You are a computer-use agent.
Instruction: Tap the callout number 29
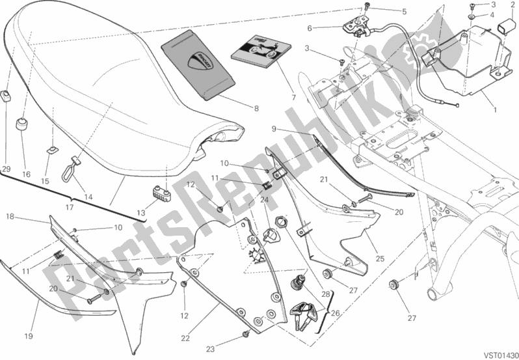point(7,169)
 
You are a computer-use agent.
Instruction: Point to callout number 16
point(27,174)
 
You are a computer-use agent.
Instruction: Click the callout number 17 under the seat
point(69,208)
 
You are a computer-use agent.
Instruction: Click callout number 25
point(380,259)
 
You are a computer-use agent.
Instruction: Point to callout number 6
point(310,28)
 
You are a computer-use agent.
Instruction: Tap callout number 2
point(512,5)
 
